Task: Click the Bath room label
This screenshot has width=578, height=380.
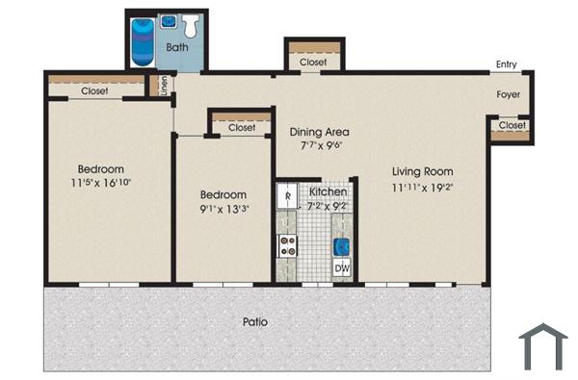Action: pos(177,46)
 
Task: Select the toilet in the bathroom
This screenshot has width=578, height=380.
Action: pos(190,23)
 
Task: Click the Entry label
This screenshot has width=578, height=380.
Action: pos(506,65)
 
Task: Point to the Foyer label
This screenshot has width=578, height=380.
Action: pos(509,95)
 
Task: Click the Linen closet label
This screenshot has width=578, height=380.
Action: pos(164,86)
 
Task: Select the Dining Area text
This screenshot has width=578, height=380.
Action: pos(319,132)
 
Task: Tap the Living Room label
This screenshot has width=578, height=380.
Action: pos(422,171)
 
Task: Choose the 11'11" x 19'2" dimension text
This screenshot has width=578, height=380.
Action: pos(422,187)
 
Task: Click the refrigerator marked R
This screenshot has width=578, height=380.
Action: pos(289,197)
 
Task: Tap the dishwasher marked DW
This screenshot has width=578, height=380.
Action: pos(342,269)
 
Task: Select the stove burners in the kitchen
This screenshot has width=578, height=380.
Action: pos(288,245)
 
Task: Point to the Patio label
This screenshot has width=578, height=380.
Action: pos(255,322)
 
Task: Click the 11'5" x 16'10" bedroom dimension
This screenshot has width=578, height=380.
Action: pos(100,182)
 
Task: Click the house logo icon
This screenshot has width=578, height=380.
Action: pos(542,347)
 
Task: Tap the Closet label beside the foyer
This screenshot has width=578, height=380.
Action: pos(512,125)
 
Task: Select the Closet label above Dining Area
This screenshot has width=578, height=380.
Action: pos(313,63)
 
